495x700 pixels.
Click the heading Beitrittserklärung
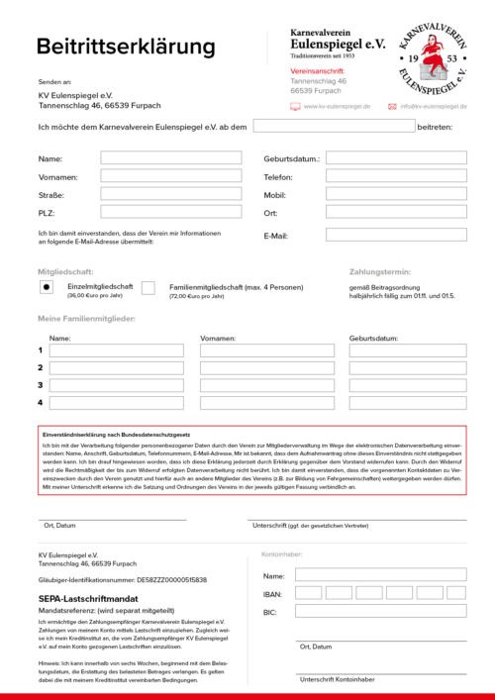(126, 47)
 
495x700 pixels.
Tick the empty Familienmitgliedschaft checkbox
(148, 287)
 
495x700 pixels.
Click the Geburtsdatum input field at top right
(396, 157)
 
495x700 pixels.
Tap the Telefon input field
(396, 176)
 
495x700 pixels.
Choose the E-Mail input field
(396, 235)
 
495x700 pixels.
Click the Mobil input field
(396, 195)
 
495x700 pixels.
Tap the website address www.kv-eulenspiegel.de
(337, 106)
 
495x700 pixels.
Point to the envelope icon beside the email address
(393, 106)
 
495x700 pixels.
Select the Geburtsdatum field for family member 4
(407, 403)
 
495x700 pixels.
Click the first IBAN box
(309, 593)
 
